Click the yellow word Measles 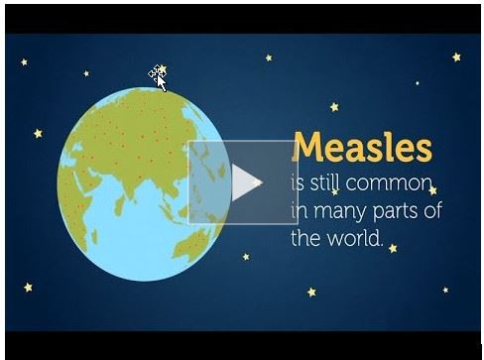pos(363,148)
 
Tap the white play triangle pos(247,181)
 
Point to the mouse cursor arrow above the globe pos(158,76)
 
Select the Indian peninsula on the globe pos(149,192)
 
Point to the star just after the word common pos(433,189)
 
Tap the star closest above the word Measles pos(334,106)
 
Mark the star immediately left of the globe pos(38,133)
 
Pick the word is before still pos(297,184)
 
